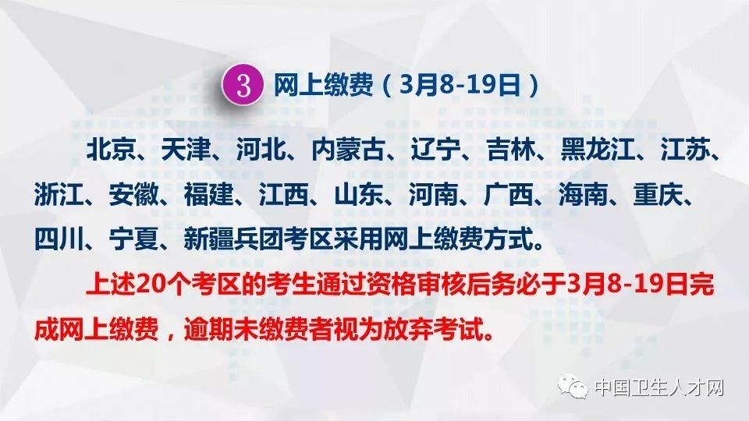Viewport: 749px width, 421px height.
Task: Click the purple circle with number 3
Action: click(x=243, y=85)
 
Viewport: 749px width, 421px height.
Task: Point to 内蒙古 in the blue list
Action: click(x=348, y=150)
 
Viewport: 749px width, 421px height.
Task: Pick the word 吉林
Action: click(x=510, y=150)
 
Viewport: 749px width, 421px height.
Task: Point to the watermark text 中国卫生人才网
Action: click(x=660, y=387)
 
